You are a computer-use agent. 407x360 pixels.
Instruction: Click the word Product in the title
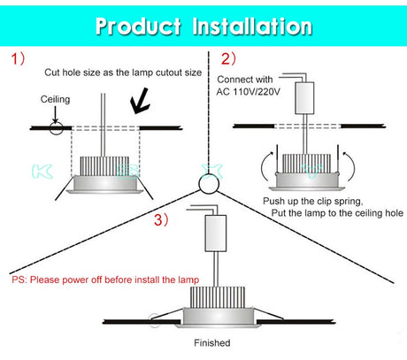pos(138,27)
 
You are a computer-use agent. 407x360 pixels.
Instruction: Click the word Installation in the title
pos(252,27)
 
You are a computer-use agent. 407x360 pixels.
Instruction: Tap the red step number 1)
pos(18,58)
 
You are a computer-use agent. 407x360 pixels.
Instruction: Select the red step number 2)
pos(228,58)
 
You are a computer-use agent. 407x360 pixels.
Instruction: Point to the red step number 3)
pos(161,220)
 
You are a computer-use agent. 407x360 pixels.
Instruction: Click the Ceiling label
pos(55,99)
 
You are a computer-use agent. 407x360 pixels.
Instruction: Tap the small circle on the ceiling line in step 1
pos(56,128)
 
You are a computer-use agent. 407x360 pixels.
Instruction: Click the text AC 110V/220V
pos(249,92)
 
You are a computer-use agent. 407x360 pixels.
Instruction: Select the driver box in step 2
pos(304,98)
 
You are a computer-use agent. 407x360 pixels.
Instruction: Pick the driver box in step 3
pos(216,233)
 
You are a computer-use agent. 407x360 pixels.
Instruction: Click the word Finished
pos(212,343)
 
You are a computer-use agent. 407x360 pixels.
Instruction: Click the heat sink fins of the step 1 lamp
pos(104,165)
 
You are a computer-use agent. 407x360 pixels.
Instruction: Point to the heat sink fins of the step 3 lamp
pos(218,297)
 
